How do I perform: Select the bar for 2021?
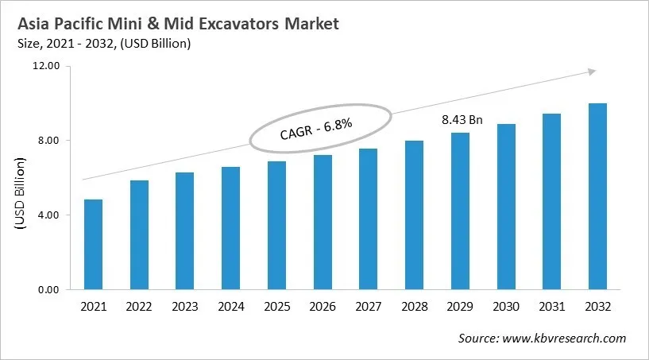point(93,245)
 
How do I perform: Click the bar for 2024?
point(230,228)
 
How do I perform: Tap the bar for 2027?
point(368,219)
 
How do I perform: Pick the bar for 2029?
point(460,211)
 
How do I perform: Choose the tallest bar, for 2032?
point(597,196)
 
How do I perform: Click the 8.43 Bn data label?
point(462,120)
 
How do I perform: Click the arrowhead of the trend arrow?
point(591,72)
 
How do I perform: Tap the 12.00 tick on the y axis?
point(48,66)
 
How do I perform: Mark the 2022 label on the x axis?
point(139,307)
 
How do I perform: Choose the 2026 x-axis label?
point(323,307)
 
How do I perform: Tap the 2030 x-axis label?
point(506,307)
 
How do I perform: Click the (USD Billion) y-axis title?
point(20,195)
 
